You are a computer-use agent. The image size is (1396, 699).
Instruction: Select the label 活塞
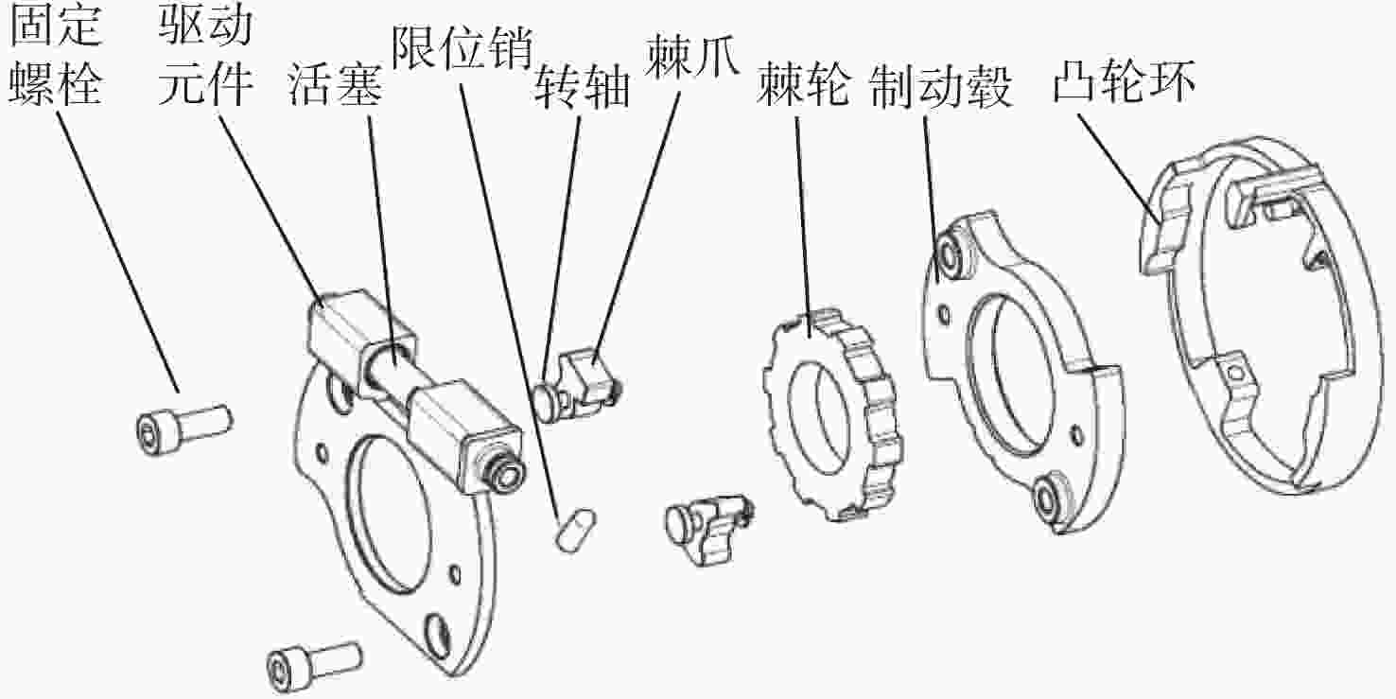[336, 88]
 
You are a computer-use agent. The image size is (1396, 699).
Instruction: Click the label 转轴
[582, 88]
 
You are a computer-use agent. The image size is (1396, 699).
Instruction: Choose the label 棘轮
[803, 88]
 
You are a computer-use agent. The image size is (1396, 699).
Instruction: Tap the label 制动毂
[942, 88]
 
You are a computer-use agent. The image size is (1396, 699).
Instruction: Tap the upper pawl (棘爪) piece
[586, 378]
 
